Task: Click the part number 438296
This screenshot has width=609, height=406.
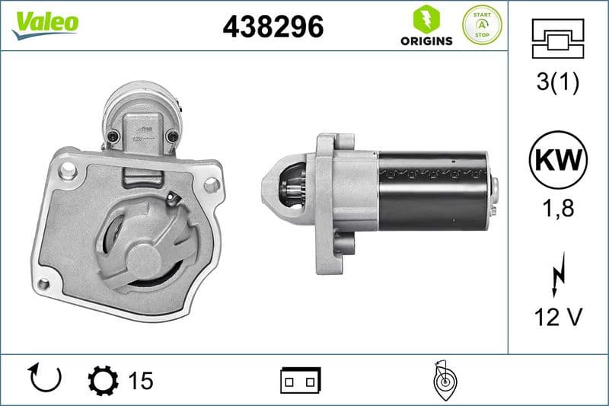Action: click(x=273, y=27)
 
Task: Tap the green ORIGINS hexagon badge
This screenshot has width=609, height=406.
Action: click(x=426, y=18)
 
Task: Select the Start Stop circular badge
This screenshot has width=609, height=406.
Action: click(x=482, y=24)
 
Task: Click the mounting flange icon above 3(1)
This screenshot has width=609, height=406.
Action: click(x=557, y=39)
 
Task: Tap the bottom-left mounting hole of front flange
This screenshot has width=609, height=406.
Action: click(x=43, y=286)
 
